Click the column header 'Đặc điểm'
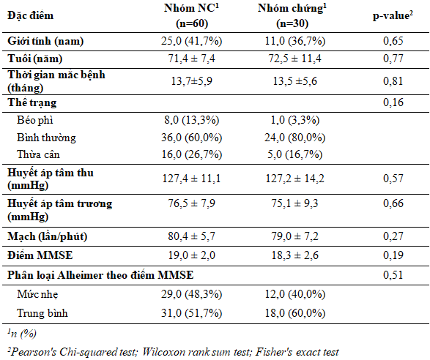click(31, 15)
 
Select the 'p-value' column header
click(393, 15)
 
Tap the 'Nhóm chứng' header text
click(292, 8)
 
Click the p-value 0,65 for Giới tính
click(393, 41)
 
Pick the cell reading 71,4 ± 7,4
click(191, 59)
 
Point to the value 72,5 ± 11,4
click(294, 59)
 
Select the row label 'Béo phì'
click(35, 120)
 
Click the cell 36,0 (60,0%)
click(191, 138)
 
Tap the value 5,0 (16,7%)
click(294, 154)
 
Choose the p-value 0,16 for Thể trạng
click(393, 102)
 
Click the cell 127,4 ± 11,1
click(191, 179)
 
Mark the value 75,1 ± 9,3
click(294, 203)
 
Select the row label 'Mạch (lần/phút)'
click(47, 236)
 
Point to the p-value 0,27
click(393, 236)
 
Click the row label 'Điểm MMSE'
click(40, 255)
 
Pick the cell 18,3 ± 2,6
click(294, 255)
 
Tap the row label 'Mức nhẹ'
click(37, 294)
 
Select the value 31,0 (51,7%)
click(191, 313)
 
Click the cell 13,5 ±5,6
click(294, 81)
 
